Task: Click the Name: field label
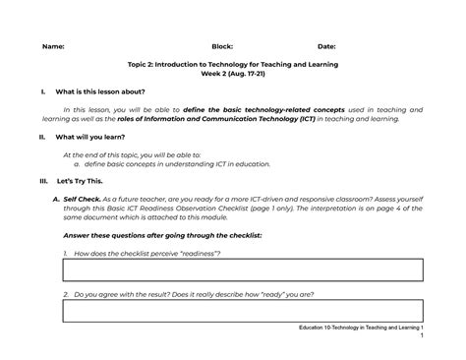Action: click(x=54, y=46)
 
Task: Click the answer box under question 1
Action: click(x=243, y=270)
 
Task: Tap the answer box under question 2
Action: click(x=243, y=311)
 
